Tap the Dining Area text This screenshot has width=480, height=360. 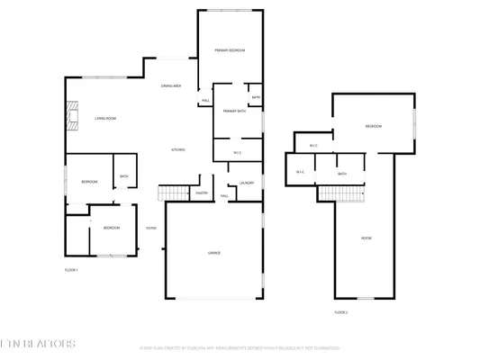[x=172, y=85]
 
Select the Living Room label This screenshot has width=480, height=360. [x=106, y=118]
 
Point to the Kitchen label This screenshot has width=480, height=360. [x=179, y=149]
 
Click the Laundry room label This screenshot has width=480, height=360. [x=247, y=184]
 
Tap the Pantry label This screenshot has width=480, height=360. [x=202, y=193]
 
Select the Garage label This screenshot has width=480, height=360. [x=214, y=253]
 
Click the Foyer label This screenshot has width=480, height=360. [x=151, y=229]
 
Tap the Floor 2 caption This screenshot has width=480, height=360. [x=341, y=312]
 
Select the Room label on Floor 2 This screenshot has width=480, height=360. [x=367, y=238]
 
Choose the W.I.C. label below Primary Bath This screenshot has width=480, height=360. [x=238, y=152]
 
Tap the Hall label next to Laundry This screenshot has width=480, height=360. [x=224, y=195]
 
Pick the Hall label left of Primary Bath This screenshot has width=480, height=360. [x=205, y=100]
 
